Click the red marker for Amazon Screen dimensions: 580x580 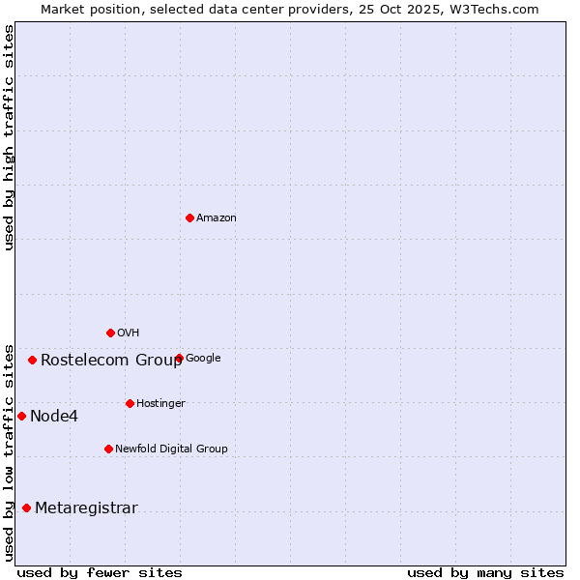189,217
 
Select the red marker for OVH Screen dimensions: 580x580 110,333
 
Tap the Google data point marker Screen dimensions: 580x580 179,358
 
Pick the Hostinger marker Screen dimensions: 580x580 130,403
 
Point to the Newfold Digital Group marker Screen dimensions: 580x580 108,449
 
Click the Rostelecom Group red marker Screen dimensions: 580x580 32,360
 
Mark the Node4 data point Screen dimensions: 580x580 21,416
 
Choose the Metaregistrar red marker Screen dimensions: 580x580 26,507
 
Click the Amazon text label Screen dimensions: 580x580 217,218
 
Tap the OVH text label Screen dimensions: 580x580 129,333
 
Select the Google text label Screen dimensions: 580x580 203,359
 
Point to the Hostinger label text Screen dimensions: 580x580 160,404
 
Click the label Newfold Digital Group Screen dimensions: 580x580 171,449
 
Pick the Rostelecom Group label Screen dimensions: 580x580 111,361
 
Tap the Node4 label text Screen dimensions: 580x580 54,417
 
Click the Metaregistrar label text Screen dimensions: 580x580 86,508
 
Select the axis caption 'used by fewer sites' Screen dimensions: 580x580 100,572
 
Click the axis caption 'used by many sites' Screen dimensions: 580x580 485,572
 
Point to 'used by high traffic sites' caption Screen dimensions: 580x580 9,137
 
